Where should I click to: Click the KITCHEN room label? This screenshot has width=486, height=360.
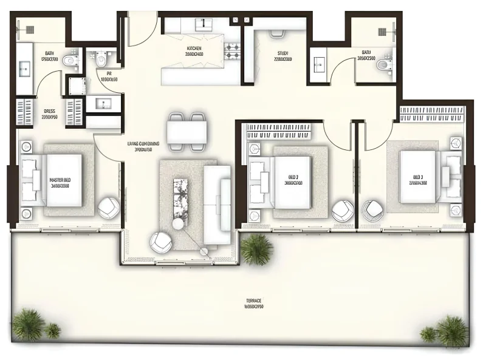click(x=194, y=49)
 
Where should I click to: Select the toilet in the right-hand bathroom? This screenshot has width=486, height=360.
click(x=383, y=64)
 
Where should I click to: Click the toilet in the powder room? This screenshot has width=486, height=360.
click(x=100, y=59)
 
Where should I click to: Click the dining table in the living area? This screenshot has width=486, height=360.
click(x=187, y=132)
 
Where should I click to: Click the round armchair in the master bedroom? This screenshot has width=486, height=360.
click(x=108, y=208)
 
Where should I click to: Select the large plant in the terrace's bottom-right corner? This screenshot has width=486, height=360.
click(x=452, y=330)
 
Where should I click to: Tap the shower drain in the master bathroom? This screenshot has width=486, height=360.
click(x=27, y=28)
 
